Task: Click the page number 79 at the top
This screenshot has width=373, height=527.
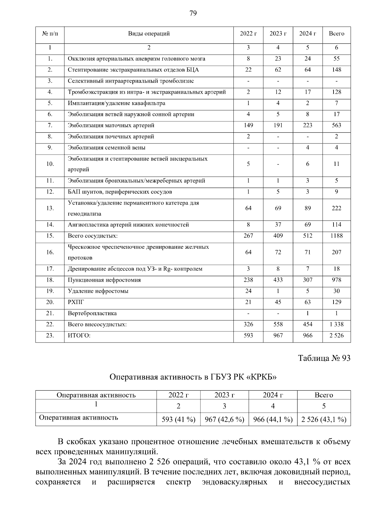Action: click(193, 13)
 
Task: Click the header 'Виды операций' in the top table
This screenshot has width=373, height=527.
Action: click(149, 34)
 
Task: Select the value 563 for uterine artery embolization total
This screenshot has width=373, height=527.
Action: click(336, 125)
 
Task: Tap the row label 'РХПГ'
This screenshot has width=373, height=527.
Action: click(76, 302)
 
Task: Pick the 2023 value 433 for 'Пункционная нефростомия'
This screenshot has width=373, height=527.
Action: click(278, 280)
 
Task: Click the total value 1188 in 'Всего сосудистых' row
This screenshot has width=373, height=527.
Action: click(336, 236)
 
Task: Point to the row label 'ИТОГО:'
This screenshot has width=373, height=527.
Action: click(79, 336)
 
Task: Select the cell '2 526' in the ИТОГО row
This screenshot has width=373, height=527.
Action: click(336, 336)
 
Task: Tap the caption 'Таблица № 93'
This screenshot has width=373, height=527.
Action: click(324, 358)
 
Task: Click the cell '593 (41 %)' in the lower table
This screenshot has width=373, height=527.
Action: click(178, 420)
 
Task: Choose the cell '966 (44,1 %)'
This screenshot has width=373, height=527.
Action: click(273, 420)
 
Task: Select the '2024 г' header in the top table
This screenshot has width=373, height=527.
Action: click(307, 34)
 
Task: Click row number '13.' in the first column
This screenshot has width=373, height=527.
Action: click(50, 208)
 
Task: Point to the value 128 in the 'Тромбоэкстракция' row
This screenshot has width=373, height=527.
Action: click(336, 92)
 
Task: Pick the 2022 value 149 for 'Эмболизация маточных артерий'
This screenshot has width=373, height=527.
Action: click(248, 125)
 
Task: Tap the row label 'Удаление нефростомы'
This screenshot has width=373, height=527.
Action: click(98, 291)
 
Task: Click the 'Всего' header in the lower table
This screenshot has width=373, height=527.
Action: click(324, 395)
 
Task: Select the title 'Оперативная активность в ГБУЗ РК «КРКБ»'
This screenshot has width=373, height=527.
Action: click(193, 377)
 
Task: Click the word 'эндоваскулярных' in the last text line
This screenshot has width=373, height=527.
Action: click(234, 483)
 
